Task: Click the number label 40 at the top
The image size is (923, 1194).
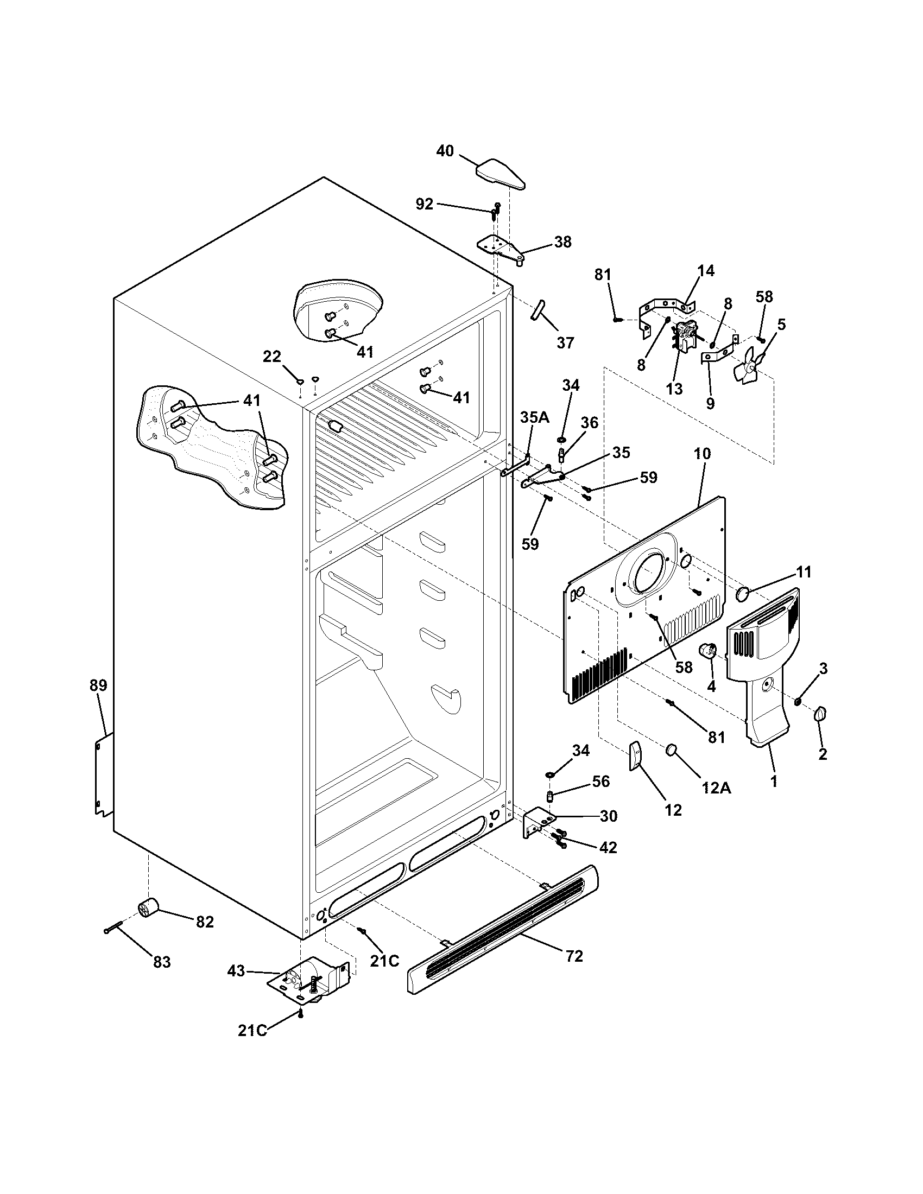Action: point(445,151)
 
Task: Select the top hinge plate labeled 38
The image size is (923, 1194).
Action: point(498,249)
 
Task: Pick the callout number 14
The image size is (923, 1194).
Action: point(705,271)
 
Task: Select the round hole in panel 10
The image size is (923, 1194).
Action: point(649,574)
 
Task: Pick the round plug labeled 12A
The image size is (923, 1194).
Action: point(672,751)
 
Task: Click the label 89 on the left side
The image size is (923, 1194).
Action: point(98,685)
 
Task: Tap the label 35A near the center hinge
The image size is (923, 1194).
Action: point(534,418)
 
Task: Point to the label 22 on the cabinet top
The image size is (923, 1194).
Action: point(272,357)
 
